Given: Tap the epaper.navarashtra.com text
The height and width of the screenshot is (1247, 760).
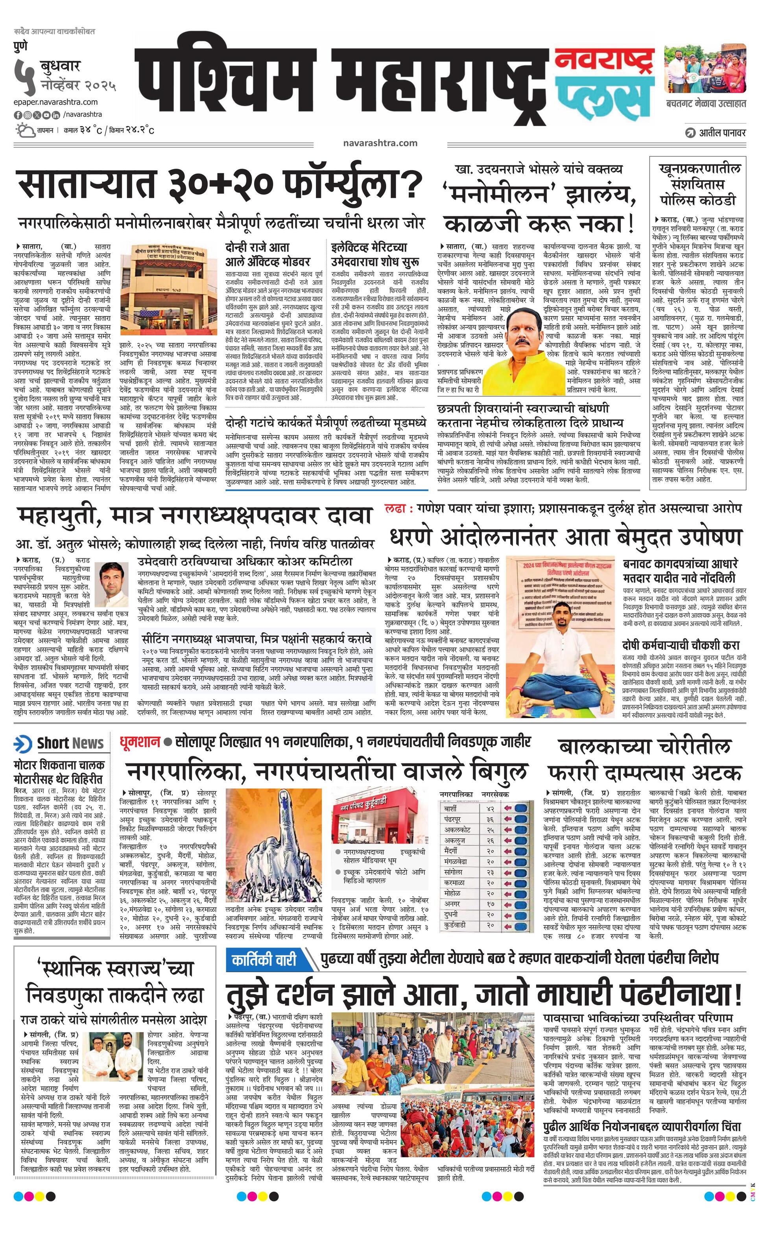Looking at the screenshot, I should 56,102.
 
